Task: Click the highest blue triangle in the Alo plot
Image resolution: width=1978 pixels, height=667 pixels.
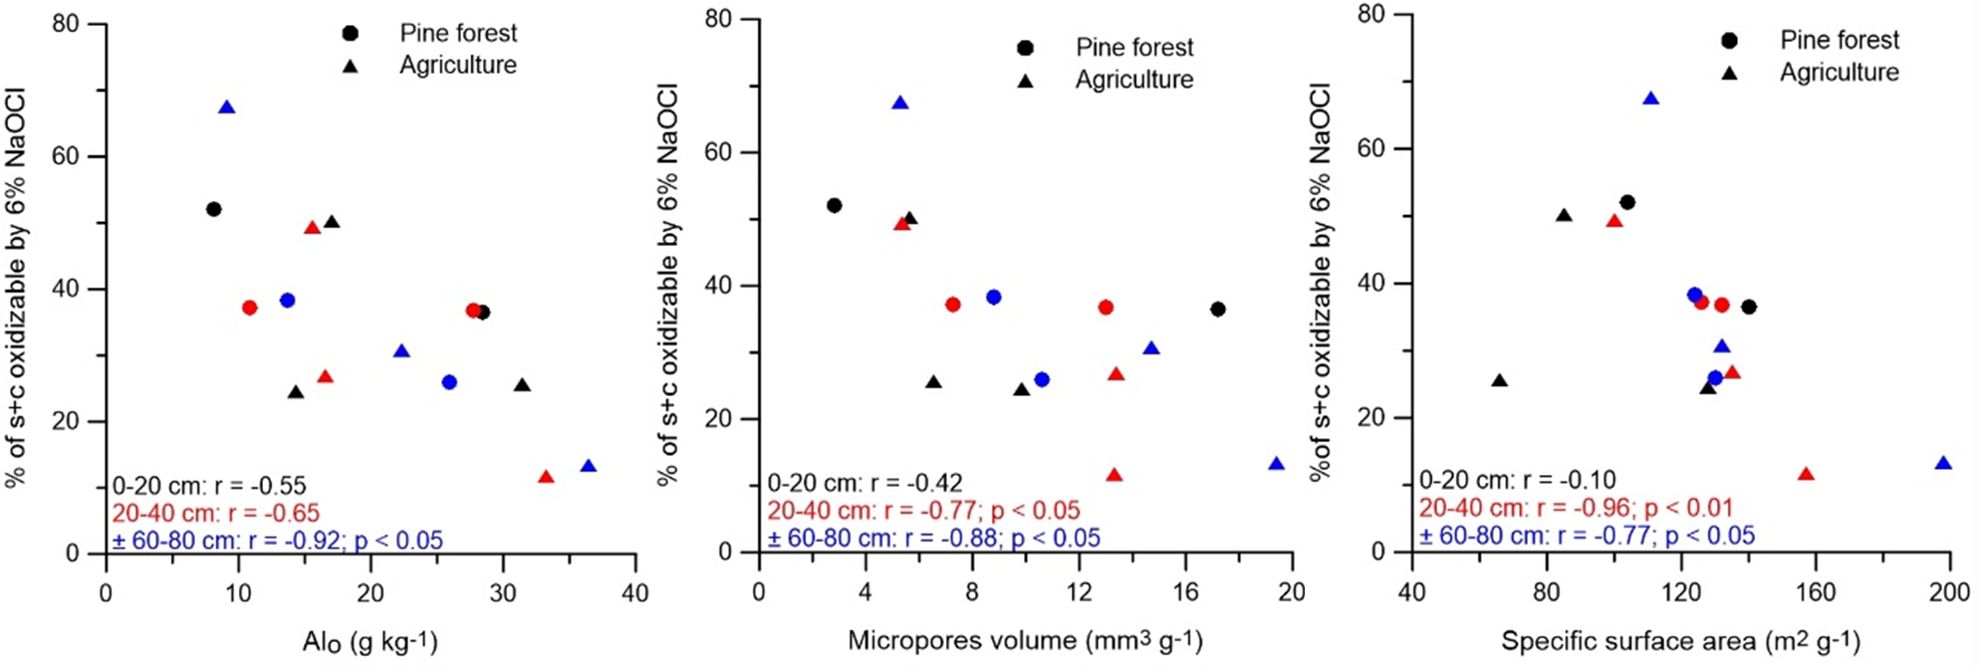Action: tap(227, 108)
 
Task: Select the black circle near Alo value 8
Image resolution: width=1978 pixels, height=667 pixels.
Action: tap(213, 209)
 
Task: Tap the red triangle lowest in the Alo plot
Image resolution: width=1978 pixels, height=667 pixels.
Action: tap(546, 477)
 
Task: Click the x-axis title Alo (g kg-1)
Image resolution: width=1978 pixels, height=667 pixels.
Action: tap(370, 642)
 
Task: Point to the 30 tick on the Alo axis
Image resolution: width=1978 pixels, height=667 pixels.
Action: tap(503, 593)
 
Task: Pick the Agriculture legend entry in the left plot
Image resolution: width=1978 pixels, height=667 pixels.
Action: tap(457, 65)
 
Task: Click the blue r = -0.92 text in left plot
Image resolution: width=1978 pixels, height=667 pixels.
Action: tap(278, 541)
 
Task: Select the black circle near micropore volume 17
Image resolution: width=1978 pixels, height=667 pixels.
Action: tap(1217, 310)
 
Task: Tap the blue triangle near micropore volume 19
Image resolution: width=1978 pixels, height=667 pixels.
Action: tap(1276, 464)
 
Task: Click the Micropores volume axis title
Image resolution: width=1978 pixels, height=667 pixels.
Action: tap(1025, 640)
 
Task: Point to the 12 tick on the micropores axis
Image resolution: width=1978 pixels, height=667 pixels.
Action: tap(1079, 591)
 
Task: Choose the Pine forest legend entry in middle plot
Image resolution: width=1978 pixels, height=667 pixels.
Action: tap(1133, 47)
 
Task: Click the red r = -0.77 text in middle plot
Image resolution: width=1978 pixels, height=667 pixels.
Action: tap(923, 511)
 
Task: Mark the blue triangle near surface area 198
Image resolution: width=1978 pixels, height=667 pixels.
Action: tap(1943, 464)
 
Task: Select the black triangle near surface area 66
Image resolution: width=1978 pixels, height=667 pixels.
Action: tap(1500, 381)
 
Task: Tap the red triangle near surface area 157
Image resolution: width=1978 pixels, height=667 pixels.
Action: tap(1806, 474)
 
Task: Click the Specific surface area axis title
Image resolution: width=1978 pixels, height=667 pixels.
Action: tap(1680, 641)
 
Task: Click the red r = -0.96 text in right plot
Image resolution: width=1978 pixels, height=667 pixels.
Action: tap(1576, 509)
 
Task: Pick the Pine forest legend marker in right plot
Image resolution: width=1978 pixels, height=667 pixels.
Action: tap(1730, 41)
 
